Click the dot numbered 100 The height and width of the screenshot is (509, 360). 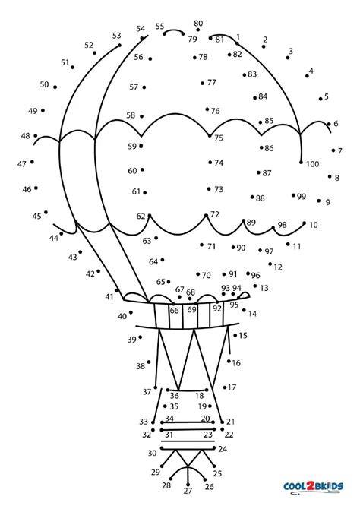(301, 162)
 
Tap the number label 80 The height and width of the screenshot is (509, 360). (198, 24)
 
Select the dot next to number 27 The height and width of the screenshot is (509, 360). (188, 485)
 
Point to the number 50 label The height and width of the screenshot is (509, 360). (44, 84)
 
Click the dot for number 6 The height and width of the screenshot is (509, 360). (329, 124)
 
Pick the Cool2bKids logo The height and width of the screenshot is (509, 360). (313, 487)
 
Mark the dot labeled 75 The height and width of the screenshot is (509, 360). (210, 136)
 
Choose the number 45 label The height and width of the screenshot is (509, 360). (36, 217)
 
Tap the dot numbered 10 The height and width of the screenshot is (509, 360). (304, 223)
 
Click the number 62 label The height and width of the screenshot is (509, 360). (141, 217)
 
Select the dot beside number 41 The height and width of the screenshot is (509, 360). (116, 290)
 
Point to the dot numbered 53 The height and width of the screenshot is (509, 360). (119, 45)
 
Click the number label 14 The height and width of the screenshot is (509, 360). (252, 314)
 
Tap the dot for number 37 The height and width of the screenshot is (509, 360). (156, 387)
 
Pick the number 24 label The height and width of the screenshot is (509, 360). (223, 449)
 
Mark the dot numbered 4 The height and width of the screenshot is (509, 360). (307, 76)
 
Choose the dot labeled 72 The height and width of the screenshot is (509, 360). (206, 215)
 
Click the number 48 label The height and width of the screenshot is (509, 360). (25, 136)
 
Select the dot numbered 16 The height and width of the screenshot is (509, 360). (229, 361)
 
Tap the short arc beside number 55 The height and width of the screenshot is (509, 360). (174, 30)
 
